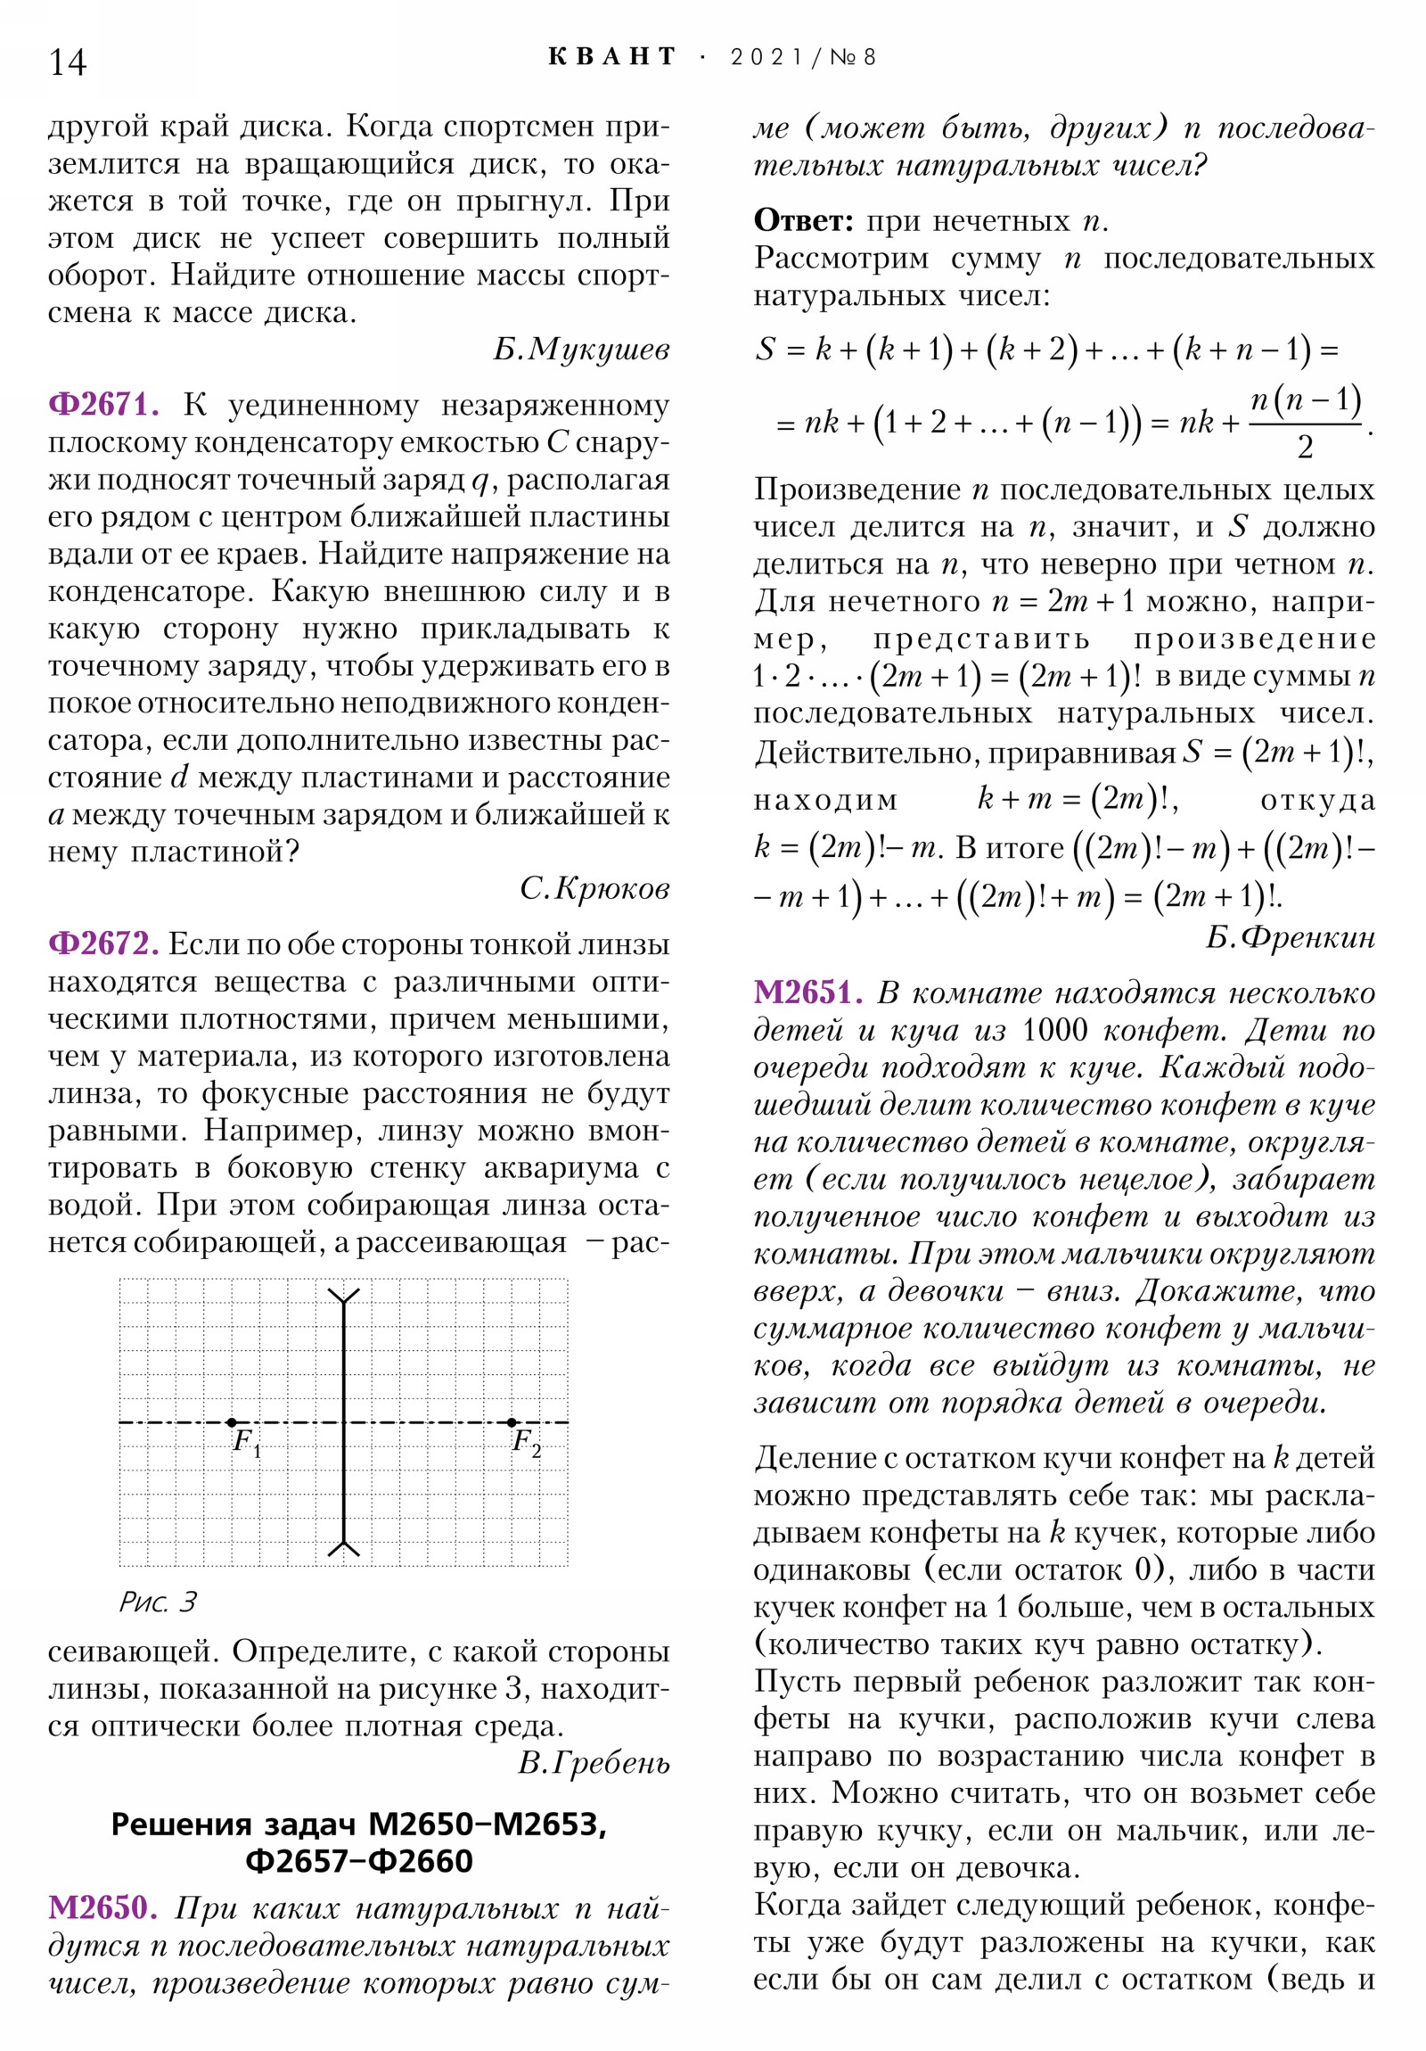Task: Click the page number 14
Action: click(x=68, y=62)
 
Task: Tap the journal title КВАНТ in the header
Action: click(x=611, y=57)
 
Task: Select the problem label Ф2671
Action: click(x=103, y=405)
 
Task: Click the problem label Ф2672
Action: click(x=103, y=943)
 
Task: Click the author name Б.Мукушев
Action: click(x=581, y=350)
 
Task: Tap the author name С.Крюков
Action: click(x=594, y=888)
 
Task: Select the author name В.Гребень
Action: click(x=594, y=1762)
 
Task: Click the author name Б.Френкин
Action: click(x=1291, y=936)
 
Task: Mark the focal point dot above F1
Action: click(x=232, y=1422)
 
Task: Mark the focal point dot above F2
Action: click(x=511, y=1422)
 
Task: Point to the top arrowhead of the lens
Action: click(x=344, y=1296)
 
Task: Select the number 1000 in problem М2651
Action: click(x=1055, y=1030)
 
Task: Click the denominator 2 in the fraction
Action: click(x=1305, y=448)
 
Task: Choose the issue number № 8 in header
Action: click(x=853, y=58)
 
